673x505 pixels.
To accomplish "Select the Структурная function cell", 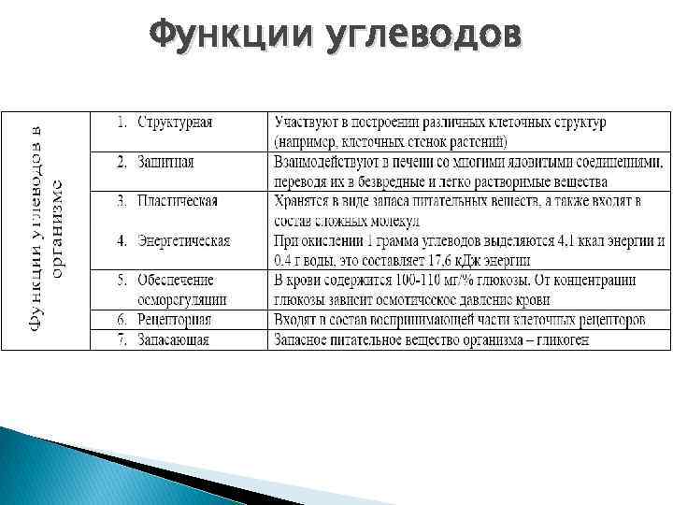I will tap(175, 123).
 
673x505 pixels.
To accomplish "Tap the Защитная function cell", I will tap(165, 162).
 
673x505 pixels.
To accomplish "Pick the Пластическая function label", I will tap(178, 201).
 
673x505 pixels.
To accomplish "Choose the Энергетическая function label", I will tap(183, 240).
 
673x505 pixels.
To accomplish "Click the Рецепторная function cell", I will tap(174, 320).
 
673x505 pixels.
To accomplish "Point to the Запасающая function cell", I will tap(173, 339).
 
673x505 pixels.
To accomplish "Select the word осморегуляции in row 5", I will tap(181, 299).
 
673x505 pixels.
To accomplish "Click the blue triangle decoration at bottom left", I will tap(56, 468).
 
